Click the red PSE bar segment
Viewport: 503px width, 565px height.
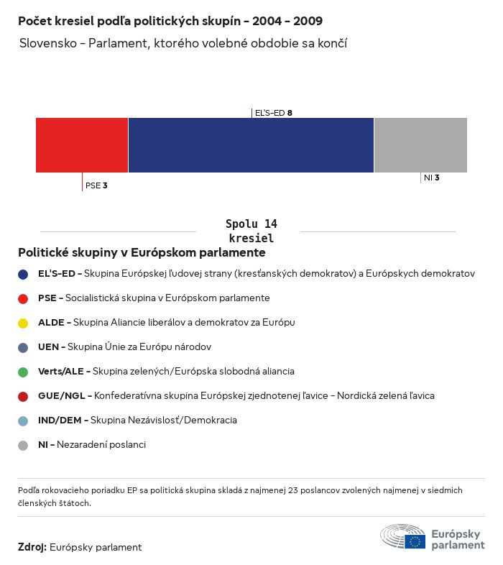pyautogui.click(x=82, y=144)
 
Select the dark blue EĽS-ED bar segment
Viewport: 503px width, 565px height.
pyautogui.click(x=251, y=144)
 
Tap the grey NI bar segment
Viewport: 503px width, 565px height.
pyautogui.click(x=420, y=144)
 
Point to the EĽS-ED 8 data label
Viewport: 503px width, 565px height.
pyautogui.click(x=274, y=113)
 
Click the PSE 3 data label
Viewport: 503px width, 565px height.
pyautogui.click(x=96, y=185)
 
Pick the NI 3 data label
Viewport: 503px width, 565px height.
pyautogui.click(x=431, y=177)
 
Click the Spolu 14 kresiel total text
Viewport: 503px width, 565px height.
pyautogui.click(x=251, y=231)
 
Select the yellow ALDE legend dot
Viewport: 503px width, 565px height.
pyautogui.click(x=23, y=323)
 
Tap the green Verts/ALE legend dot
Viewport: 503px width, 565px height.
pyautogui.click(x=23, y=372)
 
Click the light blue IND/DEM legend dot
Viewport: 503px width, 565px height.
pyautogui.click(x=23, y=421)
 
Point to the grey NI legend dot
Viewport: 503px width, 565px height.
pyautogui.click(x=23, y=445)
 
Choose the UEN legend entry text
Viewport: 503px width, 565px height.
pyautogui.click(x=124, y=347)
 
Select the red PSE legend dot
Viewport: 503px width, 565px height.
pyautogui.click(x=23, y=298)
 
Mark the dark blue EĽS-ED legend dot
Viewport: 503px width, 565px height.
pyautogui.click(x=23, y=274)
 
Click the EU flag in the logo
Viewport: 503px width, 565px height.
pyautogui.click(x=415, y=541)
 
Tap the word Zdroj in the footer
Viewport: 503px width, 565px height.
pyautogui.click(x=32, y=548)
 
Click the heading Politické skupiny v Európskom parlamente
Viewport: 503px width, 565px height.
pyautogui.click(x=142, y=253)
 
